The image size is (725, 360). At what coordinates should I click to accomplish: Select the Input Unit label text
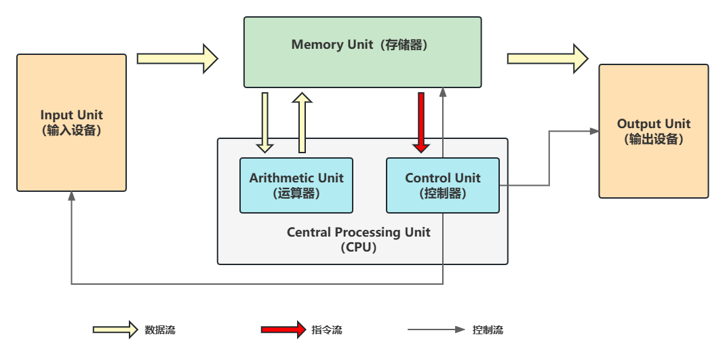coord(71,123)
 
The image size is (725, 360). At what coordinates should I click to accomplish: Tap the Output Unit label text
coord(653,132)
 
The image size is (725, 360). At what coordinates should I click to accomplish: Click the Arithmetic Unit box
coord(296,185)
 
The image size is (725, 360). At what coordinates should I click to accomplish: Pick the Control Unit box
coord(442,185)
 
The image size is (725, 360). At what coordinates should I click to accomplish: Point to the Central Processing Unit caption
coord(358,233)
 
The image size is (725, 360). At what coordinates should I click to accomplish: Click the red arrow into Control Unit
coord(421,122)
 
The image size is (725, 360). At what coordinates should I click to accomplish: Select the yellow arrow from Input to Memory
coord(177,58)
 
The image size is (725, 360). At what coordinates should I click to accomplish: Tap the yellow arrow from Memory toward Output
coord(547,58)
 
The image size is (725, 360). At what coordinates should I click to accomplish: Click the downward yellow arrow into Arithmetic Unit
coord(264,122)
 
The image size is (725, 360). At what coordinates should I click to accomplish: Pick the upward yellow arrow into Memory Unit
coord(302,123)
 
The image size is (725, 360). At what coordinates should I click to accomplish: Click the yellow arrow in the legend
coord(115,330)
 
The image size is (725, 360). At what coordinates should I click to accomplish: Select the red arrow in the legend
coord(283,330)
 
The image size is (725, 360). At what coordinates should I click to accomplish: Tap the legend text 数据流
coord(160,330)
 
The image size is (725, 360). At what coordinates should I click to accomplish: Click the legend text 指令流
coord(327,330)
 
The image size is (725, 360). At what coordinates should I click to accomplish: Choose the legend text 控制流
coord(488,330)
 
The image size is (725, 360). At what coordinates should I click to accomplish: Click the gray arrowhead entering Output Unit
coord(595,132)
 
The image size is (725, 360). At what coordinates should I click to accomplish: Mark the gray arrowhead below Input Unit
coord(71,196)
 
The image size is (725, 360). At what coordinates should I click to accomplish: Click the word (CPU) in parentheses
coord(358,247)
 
